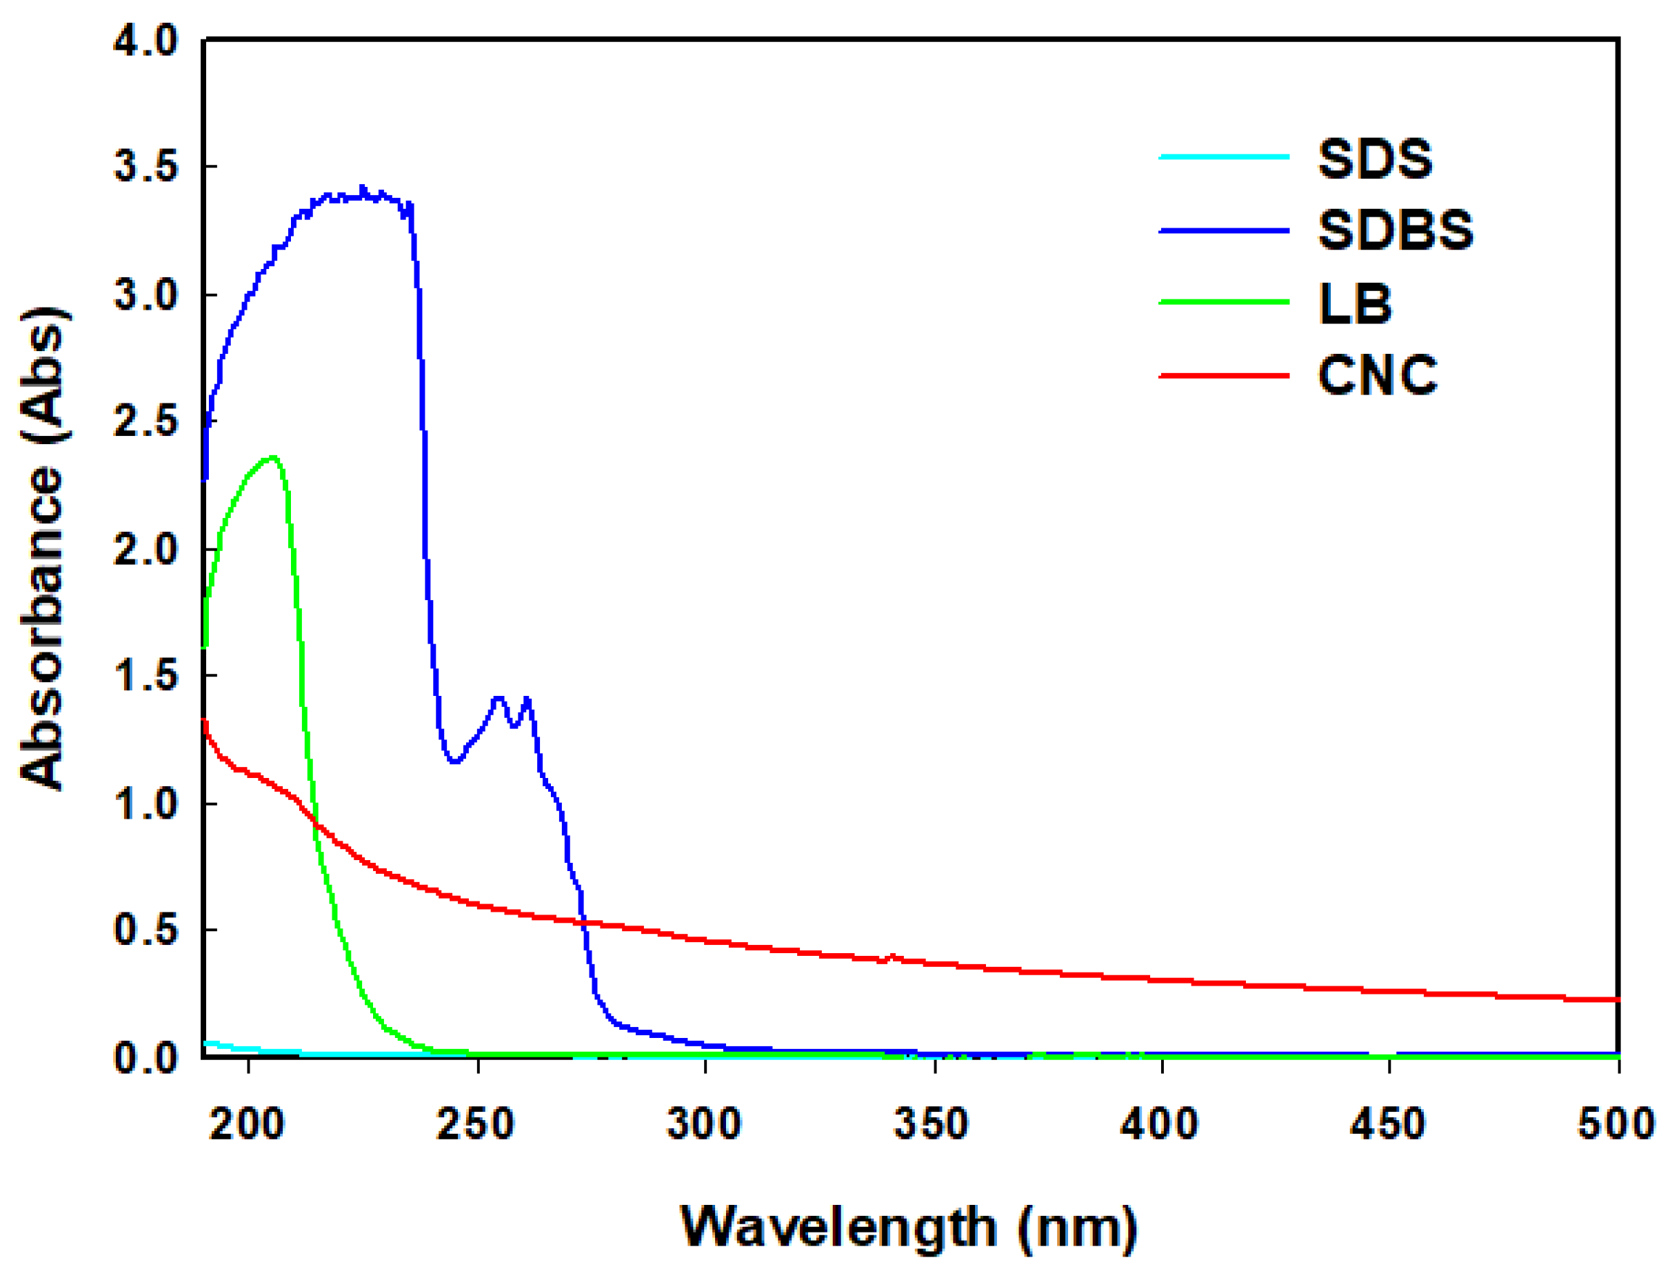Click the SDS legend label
[x=1374, y=159]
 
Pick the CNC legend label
[x=1377, y=375]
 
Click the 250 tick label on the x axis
[x=475, y=1124]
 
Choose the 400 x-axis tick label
[x=1160, y=1124]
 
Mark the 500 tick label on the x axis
[x=1616, y=1124]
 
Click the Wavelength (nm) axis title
[x=909, y=1226]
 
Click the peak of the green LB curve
[x=272, y=457]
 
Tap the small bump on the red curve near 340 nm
[x=892, y=956]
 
